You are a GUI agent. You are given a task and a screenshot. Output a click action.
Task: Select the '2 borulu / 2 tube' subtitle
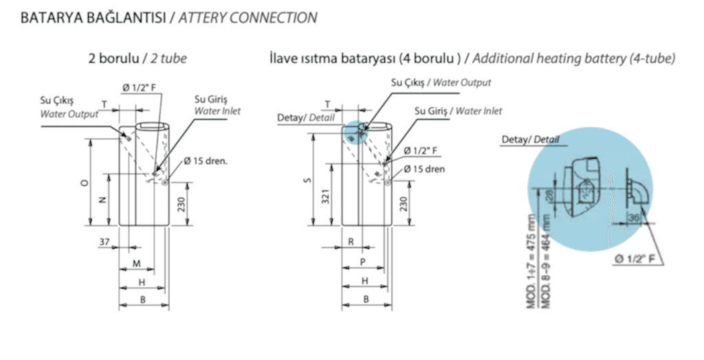pos(137,59)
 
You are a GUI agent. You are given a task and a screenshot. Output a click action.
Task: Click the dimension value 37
pos(104,241)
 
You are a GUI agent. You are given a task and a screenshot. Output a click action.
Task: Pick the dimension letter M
pos(136,264)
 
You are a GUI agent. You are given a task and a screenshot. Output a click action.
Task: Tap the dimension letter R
pos(351,243)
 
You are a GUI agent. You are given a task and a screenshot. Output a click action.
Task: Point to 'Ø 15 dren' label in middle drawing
pos(424,168)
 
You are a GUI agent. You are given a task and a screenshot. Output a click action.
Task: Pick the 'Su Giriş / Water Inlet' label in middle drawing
pos(458,111)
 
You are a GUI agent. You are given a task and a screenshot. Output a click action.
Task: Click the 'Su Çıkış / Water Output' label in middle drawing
pos(441,82)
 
